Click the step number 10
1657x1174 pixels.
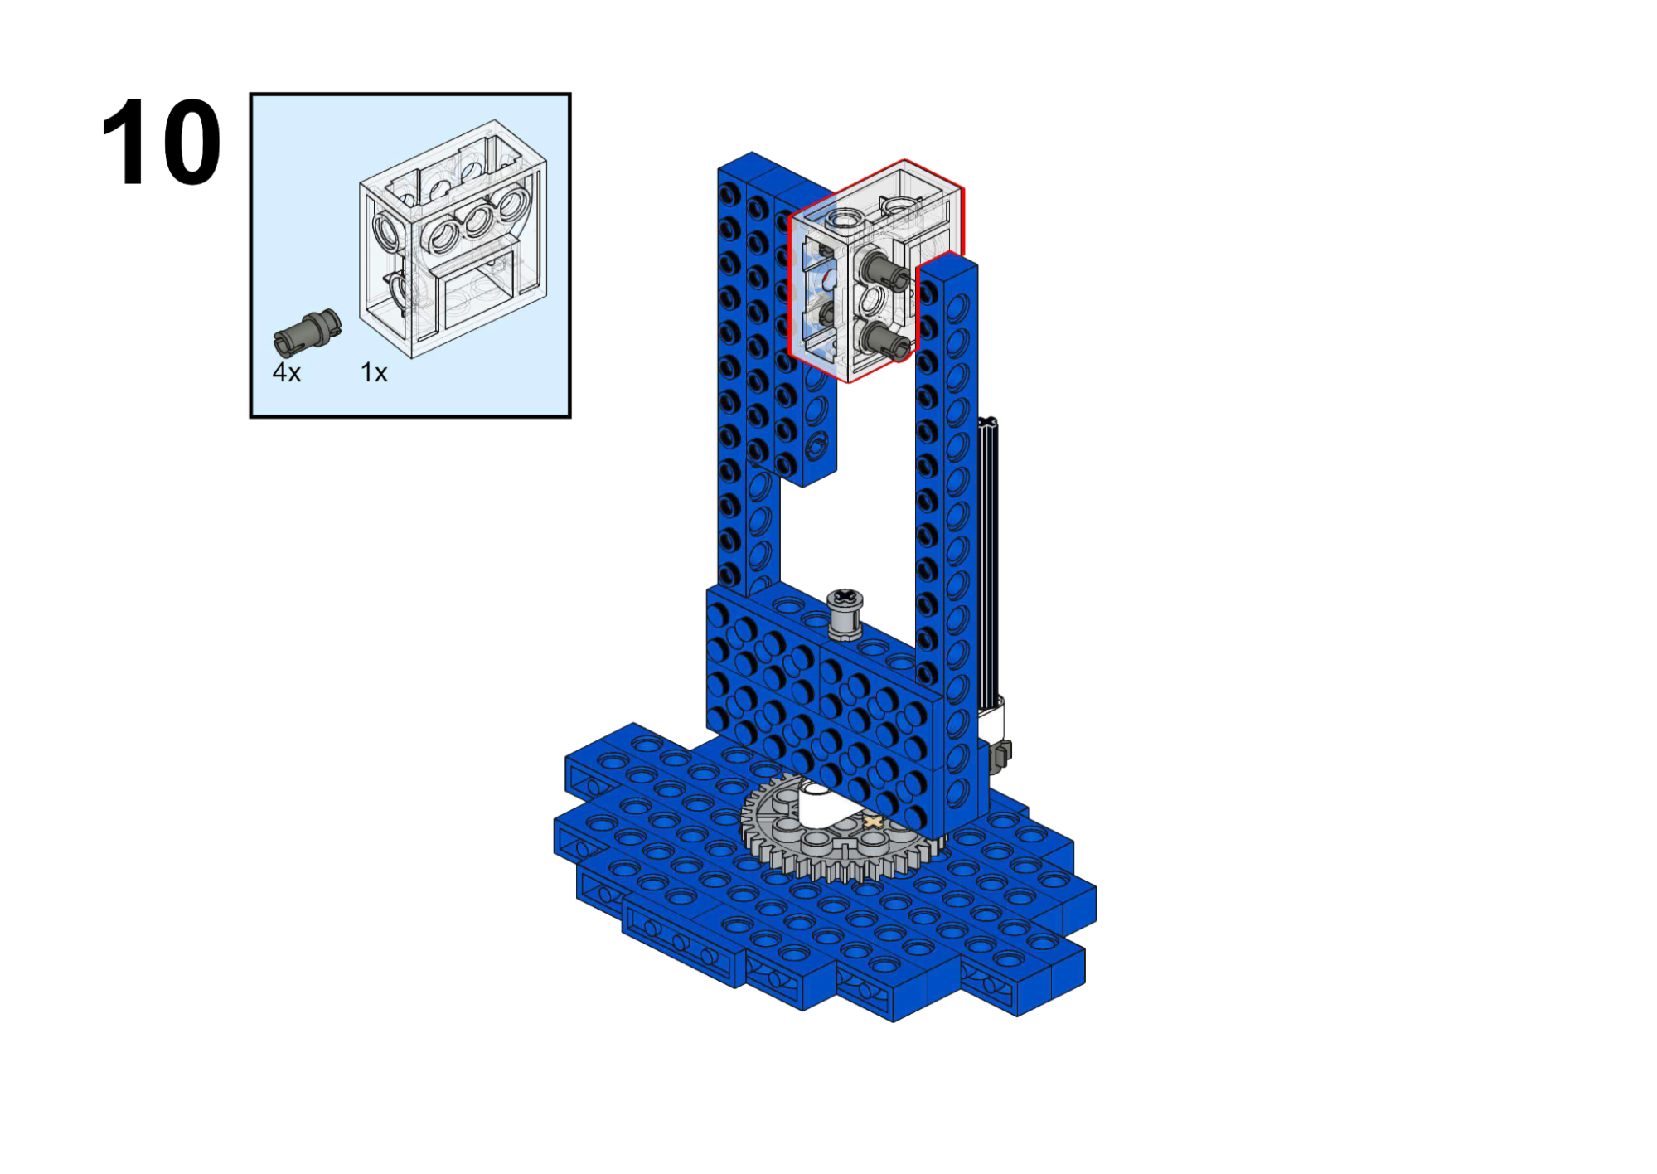pos(161,142)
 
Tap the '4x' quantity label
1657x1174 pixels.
pos(287,372)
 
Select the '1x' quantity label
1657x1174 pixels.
pos(374,372)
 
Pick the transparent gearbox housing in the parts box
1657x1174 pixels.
pos(453,239)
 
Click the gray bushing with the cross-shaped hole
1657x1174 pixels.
pos(845,614)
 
